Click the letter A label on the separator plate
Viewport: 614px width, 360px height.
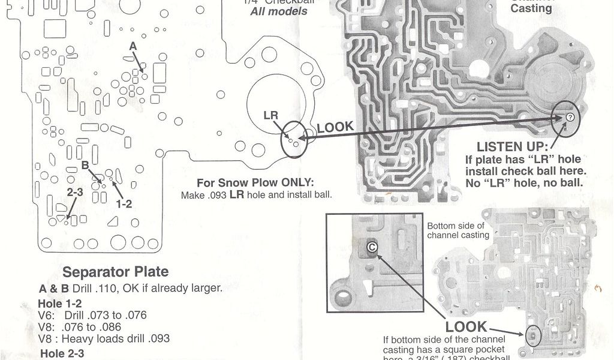coord(133,46)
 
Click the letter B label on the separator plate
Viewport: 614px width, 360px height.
coord(85,165)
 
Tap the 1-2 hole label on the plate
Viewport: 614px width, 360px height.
coord(124,203)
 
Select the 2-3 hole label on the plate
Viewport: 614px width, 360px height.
coord(75,193)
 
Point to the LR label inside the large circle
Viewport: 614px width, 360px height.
coord(271,115)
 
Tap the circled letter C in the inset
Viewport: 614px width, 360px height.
coord(372,246)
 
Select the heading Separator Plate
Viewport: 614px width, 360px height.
coord(116,272)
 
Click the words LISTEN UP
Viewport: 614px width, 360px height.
coord(511,147)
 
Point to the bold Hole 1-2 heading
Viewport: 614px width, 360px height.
coord(59,304)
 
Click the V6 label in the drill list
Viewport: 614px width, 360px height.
coord(46,315)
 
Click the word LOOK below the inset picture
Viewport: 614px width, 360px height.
coord(466,327)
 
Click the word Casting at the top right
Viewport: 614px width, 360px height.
coord(531,8)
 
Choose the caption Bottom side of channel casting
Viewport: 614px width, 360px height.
coord(458,231)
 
